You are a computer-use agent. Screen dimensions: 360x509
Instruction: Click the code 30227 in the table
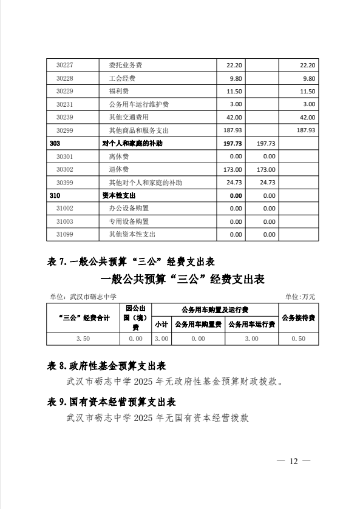(x=64, y=66)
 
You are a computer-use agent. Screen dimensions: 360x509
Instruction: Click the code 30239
(x=64, y=117)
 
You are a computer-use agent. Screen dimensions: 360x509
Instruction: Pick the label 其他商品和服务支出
(x=138, y=130)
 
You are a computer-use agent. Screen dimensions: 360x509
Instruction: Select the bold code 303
(x=55, y=144)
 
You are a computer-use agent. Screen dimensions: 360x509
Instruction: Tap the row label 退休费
(x=118, y=169)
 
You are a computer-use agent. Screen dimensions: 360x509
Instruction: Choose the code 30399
(x=64, y=182)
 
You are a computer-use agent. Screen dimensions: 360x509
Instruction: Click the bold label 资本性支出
(x=118, y=196)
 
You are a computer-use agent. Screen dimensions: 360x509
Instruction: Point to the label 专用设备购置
(x=128, y=221)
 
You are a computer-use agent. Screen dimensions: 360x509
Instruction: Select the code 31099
(x=64, y=234)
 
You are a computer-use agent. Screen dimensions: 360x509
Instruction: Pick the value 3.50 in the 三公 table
(x=84, y=339)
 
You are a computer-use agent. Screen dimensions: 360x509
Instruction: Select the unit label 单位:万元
(x=300, y=296)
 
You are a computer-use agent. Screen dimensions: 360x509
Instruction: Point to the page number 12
(x=294, y=462)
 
